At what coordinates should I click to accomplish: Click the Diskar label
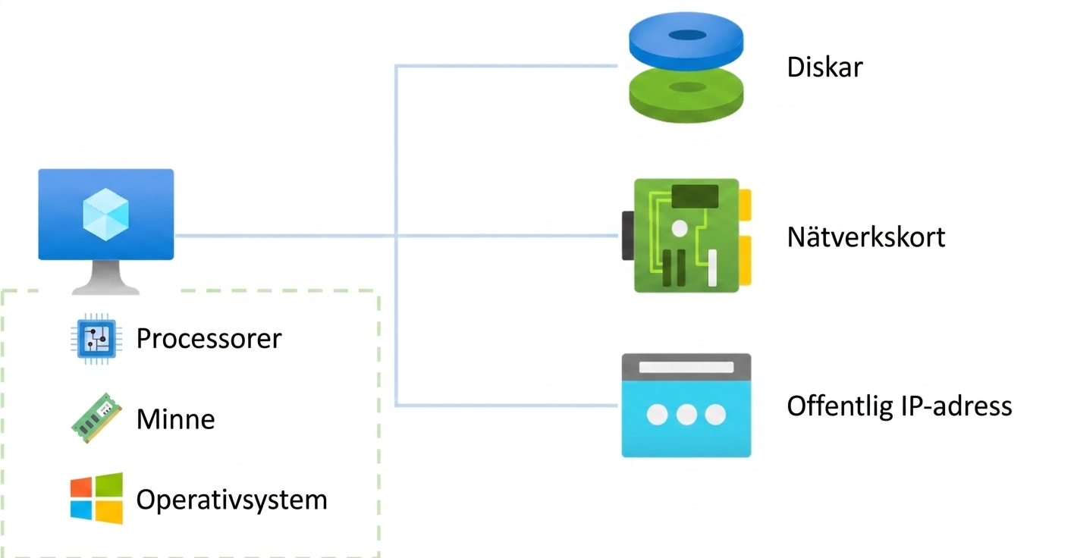(x=824, y=67)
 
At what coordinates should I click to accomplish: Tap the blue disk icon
(x=686, y=41)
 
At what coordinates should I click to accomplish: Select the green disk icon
(x=686, y=96)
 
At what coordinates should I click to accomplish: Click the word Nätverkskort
(x=866, y=237)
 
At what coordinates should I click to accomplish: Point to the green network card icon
(x=686, y=235)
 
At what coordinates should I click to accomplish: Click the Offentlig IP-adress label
(x=900, y=406)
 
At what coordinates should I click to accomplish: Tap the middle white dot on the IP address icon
(x=686, y=415)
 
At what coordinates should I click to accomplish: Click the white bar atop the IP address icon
(x=686, y=367)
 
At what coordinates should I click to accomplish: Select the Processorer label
(x=209, y=338)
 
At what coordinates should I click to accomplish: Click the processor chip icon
(x=96, y=339)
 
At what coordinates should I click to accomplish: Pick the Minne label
(x=175, y=419)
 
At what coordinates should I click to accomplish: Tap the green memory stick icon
(x=96, y=418)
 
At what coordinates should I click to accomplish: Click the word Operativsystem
(x=232, y=500)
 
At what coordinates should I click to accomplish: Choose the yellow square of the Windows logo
(x=109, y=512)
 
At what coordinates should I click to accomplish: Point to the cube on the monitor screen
(x=106, y=215)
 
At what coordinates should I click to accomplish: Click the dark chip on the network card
(x=696, y=196)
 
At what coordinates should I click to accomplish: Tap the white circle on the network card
(x=680, y=228)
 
